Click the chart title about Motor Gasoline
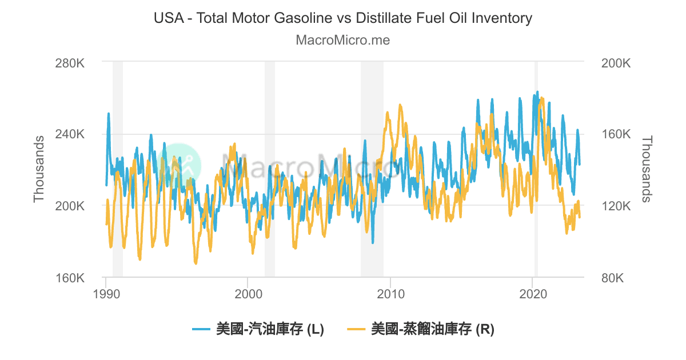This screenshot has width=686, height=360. pyautogui.click(x=343, y=18)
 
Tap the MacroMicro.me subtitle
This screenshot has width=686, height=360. pyautogui.click(x=343, y=41)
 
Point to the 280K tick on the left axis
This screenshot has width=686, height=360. pyautogui.click(x=70, y=62)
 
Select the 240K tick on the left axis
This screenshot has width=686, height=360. pyautogui.click(x=70, y=134)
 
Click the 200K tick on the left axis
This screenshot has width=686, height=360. pyautogui.click(x=70, y=206)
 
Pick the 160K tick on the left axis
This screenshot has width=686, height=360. pyautogui.click(x=70, y=278)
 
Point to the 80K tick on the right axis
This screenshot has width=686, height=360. pyautogui.click(x=613, y=278)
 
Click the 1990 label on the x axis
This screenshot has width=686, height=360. pyautogui.click(x=106, y=294)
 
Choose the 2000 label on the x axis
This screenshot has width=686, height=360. pyautogui.click(x=248, y=294)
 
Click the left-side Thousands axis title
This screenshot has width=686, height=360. pyautogui.click(x=39, y=169)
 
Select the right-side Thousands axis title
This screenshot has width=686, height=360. pyautogui.click(x=647, y=169)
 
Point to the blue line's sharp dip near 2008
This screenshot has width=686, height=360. pyautogui.click(x=373, y=242)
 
